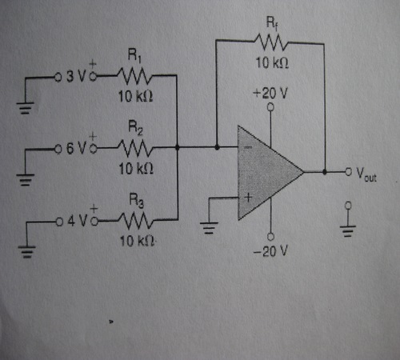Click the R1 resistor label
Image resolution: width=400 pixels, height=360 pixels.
(134, 55)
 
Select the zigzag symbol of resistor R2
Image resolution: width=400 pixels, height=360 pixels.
(135, 148)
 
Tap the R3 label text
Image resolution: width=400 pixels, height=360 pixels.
(136, 200)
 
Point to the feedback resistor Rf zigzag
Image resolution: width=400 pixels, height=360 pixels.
(271, 42)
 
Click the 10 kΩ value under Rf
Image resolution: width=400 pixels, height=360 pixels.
(272, 63)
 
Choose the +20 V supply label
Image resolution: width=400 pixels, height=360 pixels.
(270, 94)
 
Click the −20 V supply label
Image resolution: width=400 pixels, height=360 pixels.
(270, 251)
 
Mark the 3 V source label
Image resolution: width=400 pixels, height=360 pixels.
(76, 77)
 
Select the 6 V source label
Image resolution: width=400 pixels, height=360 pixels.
(76, 148)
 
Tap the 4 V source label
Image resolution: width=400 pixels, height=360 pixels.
(77, 221)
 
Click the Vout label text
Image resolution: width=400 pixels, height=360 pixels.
(366, 174)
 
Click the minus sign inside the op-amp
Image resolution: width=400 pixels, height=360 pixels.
(248, 147)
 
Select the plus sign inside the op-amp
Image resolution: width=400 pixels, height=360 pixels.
(248, 198)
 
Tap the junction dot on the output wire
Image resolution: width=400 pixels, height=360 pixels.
(325, 172)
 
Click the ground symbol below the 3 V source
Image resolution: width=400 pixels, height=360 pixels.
(26, 107)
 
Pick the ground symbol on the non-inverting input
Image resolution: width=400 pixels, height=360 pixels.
(209, 227)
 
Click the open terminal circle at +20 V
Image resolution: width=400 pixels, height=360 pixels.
(270, 107)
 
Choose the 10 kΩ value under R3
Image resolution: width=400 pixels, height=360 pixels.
(138, 241)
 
